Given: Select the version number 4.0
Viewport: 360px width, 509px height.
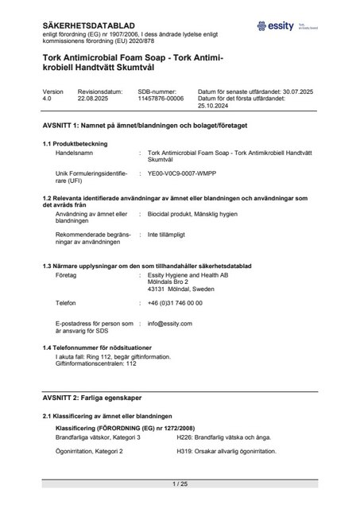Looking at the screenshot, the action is point(47,99).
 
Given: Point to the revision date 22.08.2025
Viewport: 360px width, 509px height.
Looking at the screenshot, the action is point(95,99).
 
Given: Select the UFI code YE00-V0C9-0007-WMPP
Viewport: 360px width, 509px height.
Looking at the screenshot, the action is point(184,172).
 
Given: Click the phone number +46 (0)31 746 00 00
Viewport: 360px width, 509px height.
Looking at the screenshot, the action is point(175,303).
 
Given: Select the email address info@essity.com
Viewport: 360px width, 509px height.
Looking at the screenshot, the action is point(166,324).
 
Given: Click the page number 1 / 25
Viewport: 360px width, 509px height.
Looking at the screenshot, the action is point(180,484).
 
